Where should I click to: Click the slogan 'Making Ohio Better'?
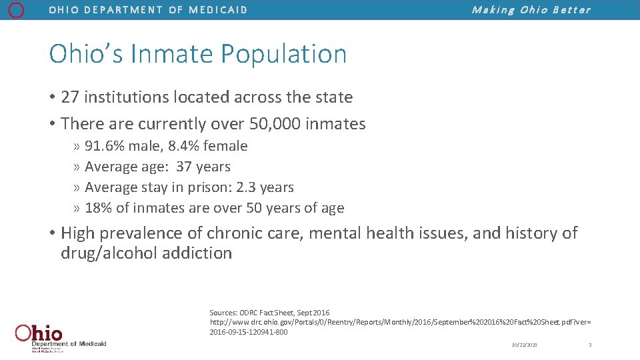click(x=531, y=10)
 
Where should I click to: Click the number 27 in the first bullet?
click(x=69, y=97)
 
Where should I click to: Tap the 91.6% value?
click(x=104, y=146)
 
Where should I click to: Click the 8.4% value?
click(x=184, y=146)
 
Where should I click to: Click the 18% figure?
click(x=99, y=208)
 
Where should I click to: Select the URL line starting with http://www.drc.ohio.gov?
click(x=400, y=322)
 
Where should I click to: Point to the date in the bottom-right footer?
click(x=524, y=345)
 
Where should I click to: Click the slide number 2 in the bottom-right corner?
click(x=590, y=345)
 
